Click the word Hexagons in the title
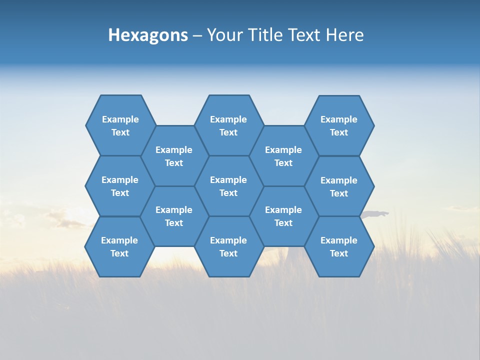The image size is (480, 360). pyautogui.click(x=148, y=35)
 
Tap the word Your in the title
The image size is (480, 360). pyautogui.click(x=221, y=35)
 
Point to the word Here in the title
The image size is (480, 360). pyautogui.click(x=344, y=35)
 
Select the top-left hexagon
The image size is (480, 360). pyautogui.click(x=120, y=125)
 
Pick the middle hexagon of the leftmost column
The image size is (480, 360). pyautogui.click(x=120, y=186)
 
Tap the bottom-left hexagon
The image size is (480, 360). pyautogui.click(x=119, y=246)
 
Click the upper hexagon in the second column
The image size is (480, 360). pyautogui.click(x=174, y=156)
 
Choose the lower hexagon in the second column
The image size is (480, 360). pyautogui.click(x=174, y=216)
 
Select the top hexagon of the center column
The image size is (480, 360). pyautogui.click(x=228, y=125)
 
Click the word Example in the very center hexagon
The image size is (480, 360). pyautogui.click(x=228, y=180)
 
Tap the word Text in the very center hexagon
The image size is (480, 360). pyautogui.click(x=228, y=193)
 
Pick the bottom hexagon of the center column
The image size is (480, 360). pyautogui.click(x=228, y=246)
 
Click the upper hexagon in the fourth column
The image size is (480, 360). pyautogui.click(x=283, y=156)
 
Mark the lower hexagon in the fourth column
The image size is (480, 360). pyautogui.click(x=283, y=216)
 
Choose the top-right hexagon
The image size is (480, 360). pyautogui.click(x=339, y=125)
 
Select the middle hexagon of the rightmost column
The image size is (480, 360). pyautogui.click(x=339, y=186)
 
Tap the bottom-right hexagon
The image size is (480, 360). pyautogui.click(x=339, y=246)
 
